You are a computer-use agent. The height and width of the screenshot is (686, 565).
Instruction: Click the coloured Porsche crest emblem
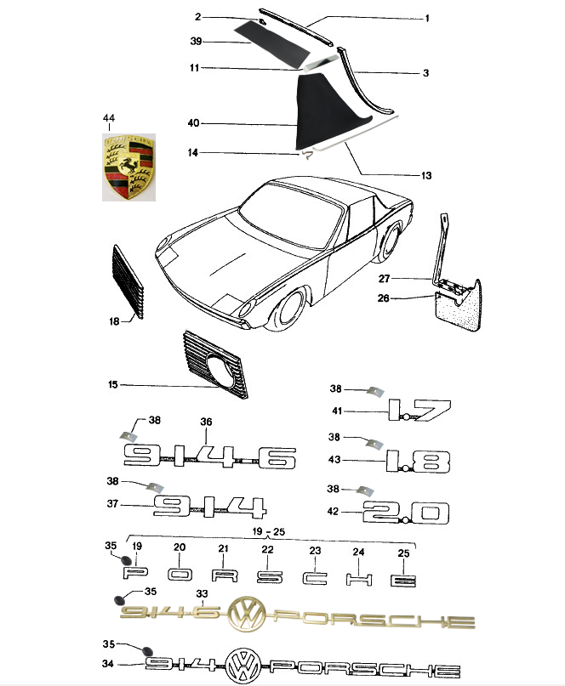(128, 167)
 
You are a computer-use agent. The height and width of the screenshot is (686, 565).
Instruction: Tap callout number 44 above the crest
(109, 118)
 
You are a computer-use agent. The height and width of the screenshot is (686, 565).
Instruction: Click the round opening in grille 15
(218, 371)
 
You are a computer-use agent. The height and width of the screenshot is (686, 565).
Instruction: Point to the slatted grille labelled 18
(128, 282)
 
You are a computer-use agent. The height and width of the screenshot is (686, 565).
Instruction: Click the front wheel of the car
(289, 309)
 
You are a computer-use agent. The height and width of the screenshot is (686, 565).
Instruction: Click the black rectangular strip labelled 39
(271, 42)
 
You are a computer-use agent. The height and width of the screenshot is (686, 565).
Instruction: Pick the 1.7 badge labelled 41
(419, 410)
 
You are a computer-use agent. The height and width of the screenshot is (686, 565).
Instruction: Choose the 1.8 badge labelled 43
(418, 462)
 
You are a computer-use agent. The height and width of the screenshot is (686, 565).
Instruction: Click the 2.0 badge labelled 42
(406, 513)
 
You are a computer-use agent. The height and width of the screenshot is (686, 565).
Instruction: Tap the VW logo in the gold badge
(247, 614)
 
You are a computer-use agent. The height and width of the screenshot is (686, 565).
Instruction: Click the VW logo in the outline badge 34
(243, 666)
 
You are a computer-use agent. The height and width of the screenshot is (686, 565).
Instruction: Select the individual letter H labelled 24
(359, 579)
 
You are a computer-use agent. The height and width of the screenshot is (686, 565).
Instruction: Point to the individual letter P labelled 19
(135, 573)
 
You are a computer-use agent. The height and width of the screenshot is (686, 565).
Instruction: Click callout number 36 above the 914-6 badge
(206, 422)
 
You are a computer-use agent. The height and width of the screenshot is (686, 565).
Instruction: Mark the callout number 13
(426, 175)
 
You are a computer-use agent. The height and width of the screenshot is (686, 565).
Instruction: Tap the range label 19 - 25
(269, 531)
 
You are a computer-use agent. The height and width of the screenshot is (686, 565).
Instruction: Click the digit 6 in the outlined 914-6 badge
(277, 458)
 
